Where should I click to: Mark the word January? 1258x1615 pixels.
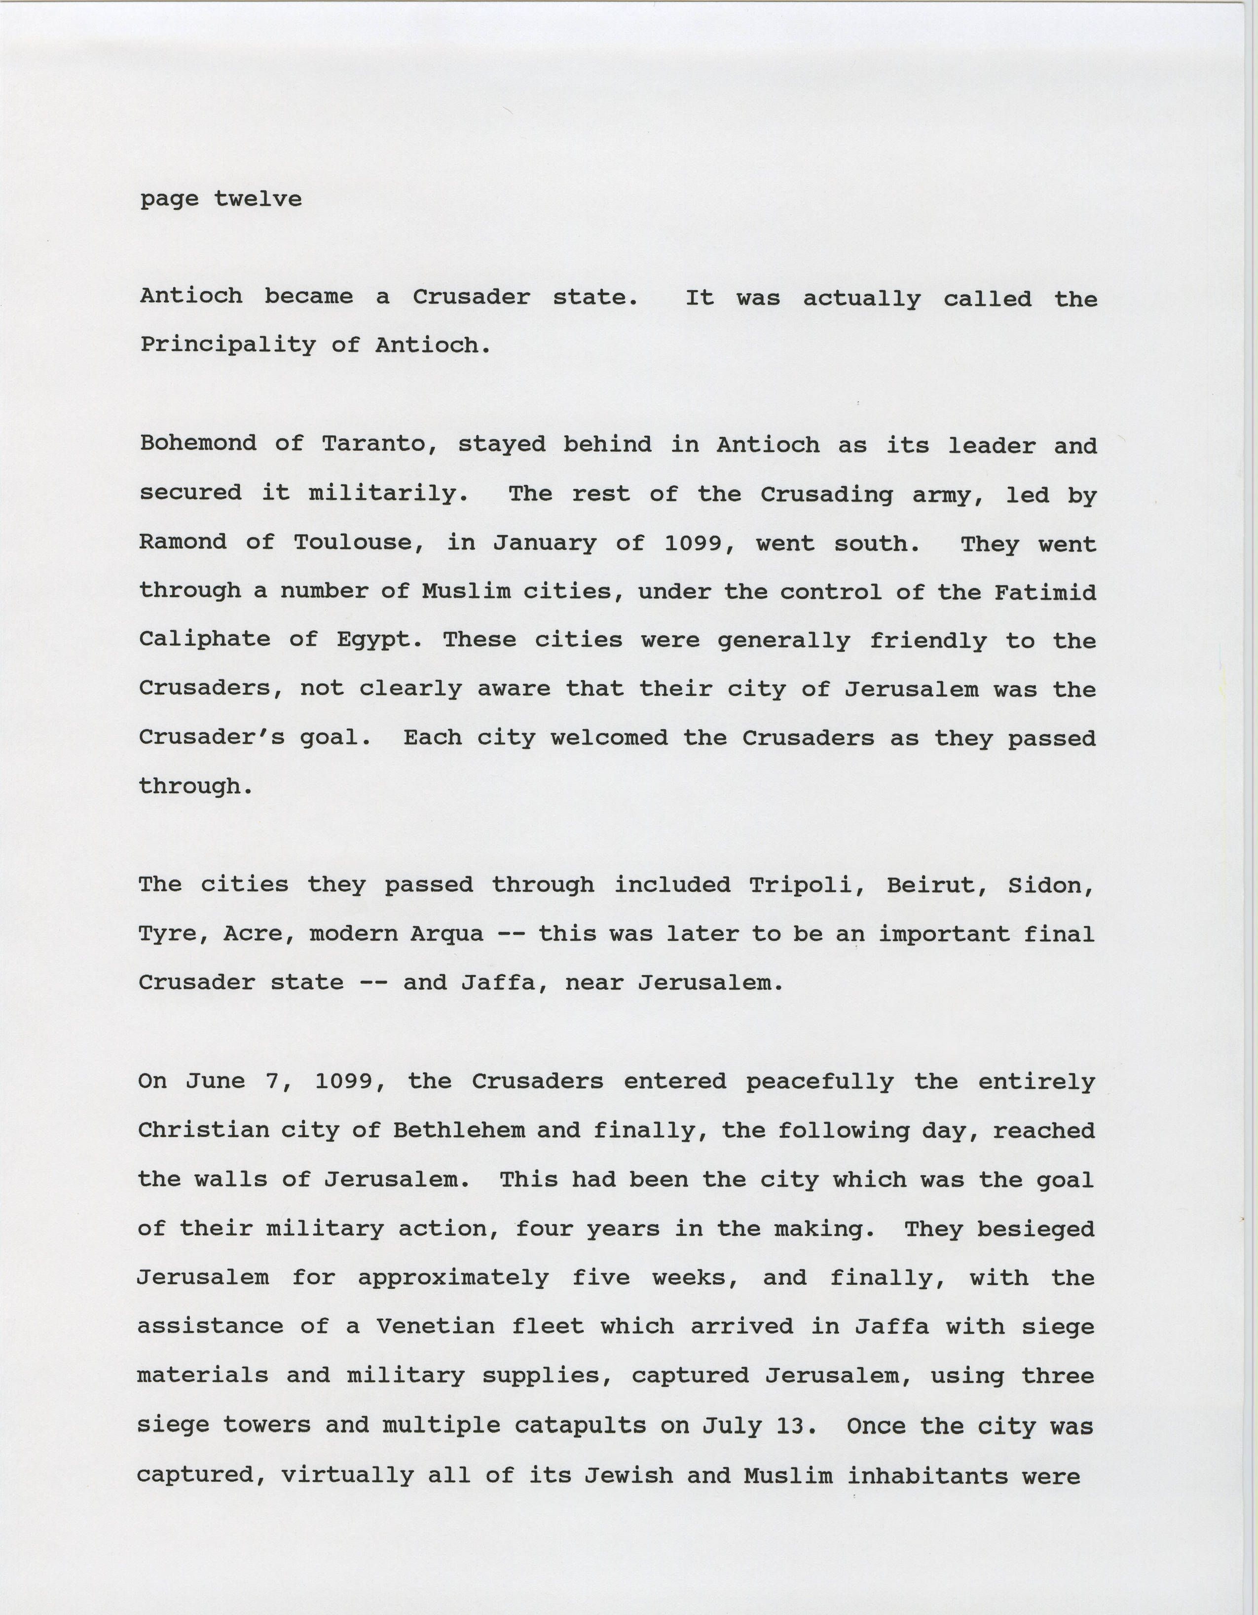click(545, 543)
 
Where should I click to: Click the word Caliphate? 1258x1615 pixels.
click(205, 640)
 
